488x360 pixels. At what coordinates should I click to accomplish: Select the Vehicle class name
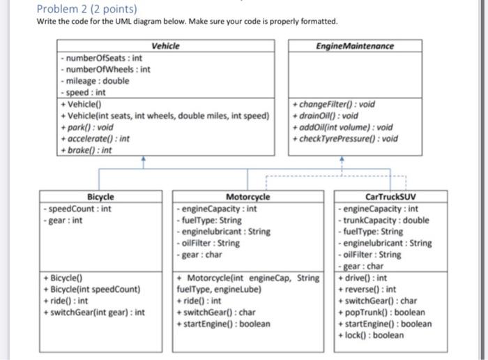165,46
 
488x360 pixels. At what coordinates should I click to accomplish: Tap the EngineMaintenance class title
354,46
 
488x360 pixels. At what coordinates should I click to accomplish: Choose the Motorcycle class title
247,197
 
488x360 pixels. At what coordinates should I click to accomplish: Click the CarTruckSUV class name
385,197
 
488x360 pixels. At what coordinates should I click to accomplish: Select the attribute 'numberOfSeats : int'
102,59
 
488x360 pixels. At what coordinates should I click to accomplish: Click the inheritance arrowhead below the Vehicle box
144,160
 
